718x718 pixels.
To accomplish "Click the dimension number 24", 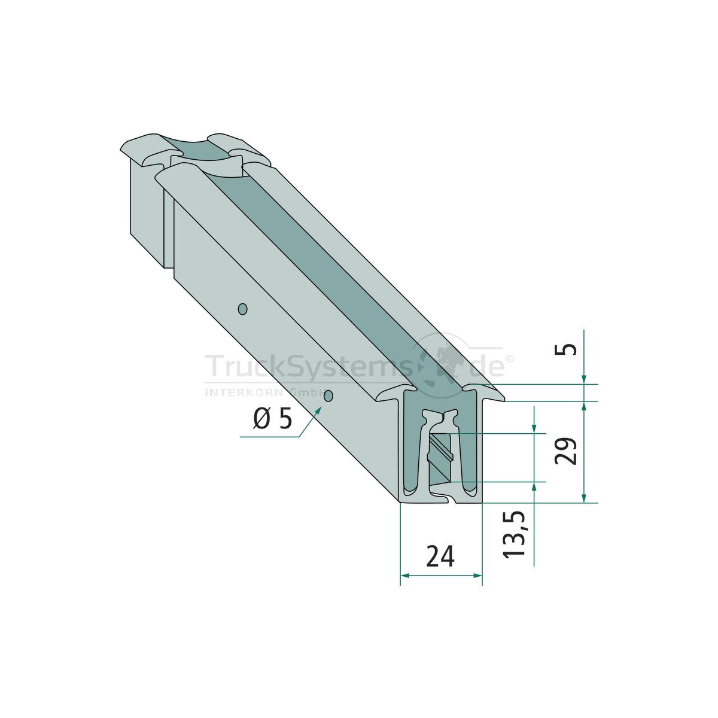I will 440,556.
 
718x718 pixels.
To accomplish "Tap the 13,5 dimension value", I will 515,534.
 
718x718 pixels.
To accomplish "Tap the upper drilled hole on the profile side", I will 242,309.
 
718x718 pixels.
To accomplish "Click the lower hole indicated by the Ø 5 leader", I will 328,396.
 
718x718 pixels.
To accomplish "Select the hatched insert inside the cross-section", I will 441,454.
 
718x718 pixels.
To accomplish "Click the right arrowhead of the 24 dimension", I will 477,576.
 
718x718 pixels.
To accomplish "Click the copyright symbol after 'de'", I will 509,358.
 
